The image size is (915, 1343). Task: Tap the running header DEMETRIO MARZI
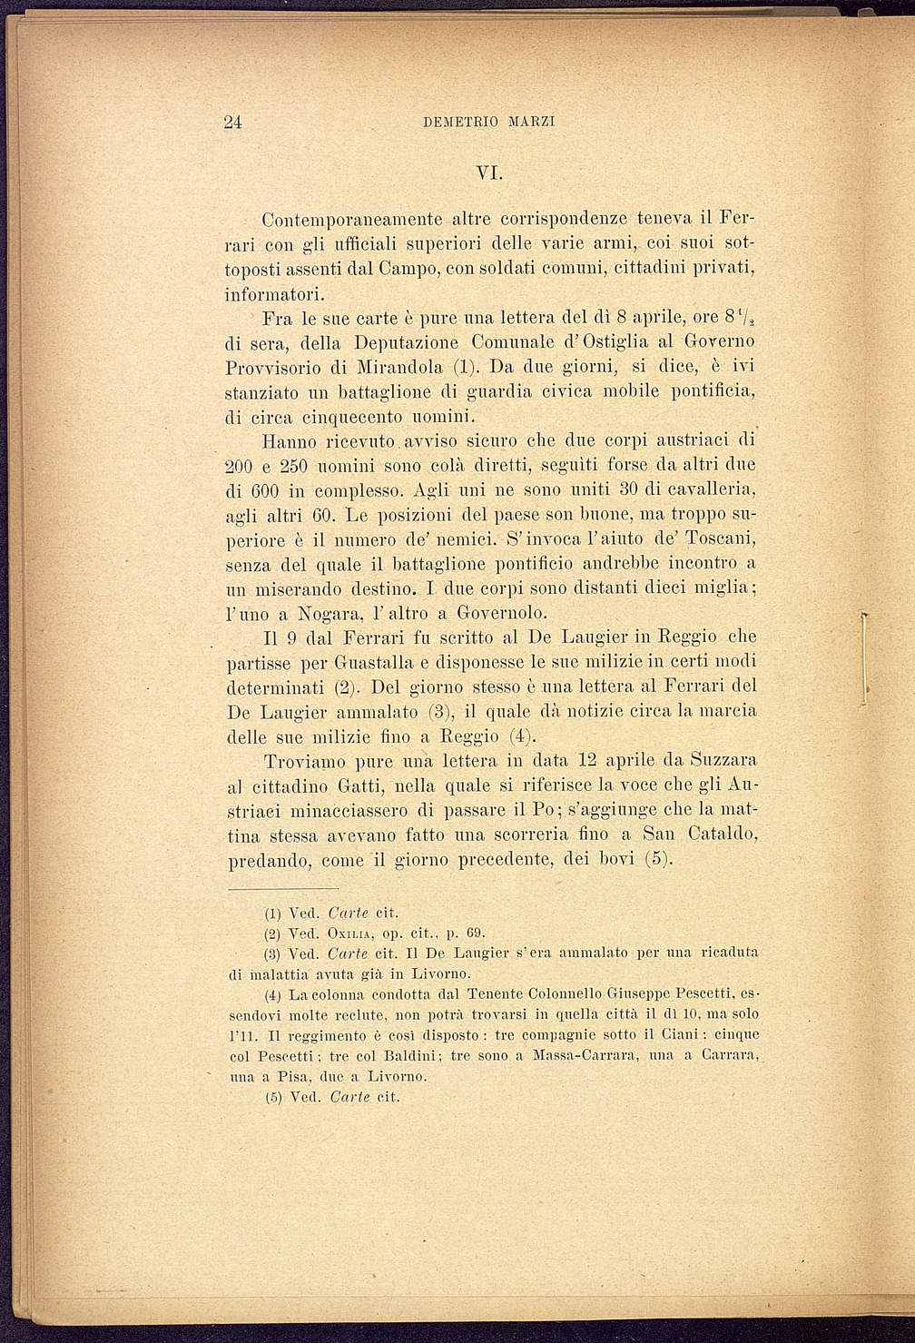click(x=488, y=123)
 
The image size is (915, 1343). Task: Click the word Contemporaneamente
click(x=352, y=220)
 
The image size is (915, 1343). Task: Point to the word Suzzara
click(x=723, y=759)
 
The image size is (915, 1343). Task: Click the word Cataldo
click(x=723, y=834)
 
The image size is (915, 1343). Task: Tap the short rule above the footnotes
click(x=282, y=889)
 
